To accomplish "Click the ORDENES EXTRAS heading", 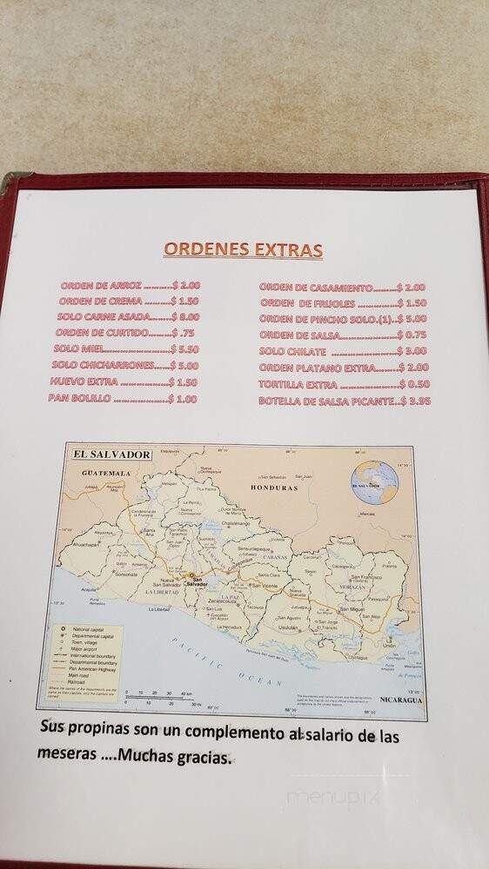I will click(243, 250).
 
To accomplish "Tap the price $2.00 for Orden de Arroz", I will click(187, 285).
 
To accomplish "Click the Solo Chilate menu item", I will click(292, 352).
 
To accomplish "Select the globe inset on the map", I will click(373, 481).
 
